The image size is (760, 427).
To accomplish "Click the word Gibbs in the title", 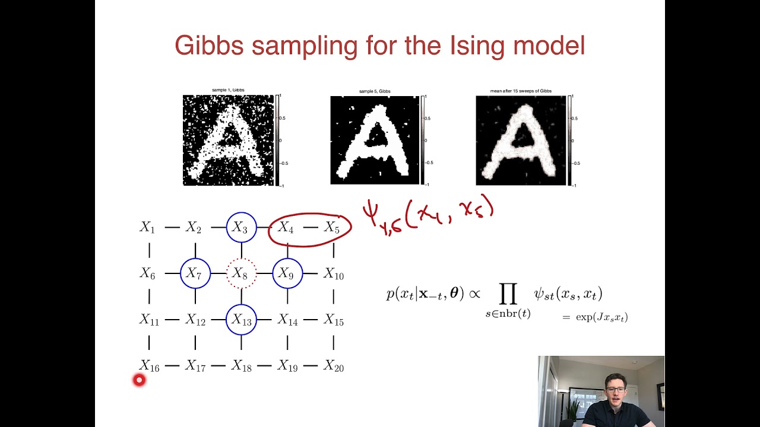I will tap(209, 46).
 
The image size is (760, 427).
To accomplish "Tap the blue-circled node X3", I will tap(241, 227).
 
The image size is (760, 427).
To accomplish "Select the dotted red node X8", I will tap(241, 273).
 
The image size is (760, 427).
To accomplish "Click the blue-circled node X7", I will tap(195, 273).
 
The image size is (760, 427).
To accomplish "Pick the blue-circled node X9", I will tap(287, 273).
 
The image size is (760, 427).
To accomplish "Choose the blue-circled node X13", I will tap(241, 320).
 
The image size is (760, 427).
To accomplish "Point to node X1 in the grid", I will tap(147, 227).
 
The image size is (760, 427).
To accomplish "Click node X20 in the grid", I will tap(334, 367).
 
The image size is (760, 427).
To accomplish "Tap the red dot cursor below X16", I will tap(139, 380).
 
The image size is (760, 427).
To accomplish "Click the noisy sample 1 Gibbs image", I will tap(228, 140).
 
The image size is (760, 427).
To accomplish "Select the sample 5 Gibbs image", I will tap(375, 140).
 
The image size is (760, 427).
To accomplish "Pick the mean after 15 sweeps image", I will tap(521, 140).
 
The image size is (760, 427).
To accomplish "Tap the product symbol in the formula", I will tap(508, 292).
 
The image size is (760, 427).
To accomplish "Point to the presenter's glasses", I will tap(616, 390).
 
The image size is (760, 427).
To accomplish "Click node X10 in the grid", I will tap(334, 274).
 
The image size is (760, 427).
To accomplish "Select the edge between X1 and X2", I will tap(172, 227).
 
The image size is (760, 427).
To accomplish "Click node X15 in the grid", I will tap(334, 320).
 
